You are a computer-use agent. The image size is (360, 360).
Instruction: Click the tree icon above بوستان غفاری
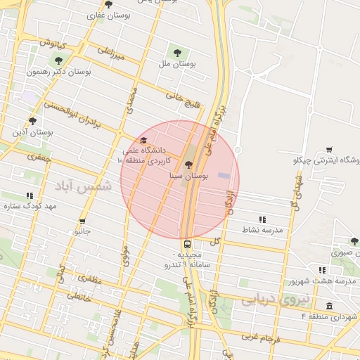click(x=108, y=5)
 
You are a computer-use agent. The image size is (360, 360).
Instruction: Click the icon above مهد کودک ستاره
click(x=29, y=195)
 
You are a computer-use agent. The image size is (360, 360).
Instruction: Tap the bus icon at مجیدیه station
click(x=186, y=244)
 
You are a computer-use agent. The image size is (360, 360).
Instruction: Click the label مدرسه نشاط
click(x=262, y=230)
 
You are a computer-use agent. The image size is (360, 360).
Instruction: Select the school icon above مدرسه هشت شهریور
click(x=322, y=270)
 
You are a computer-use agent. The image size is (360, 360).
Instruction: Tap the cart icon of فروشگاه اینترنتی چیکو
click(x=330, y=149)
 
